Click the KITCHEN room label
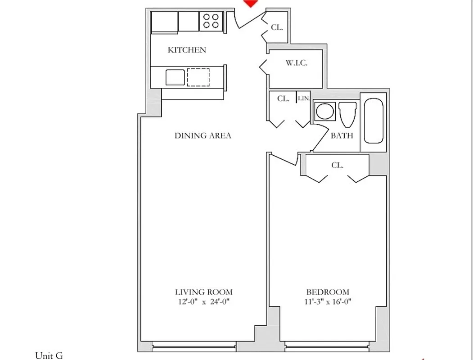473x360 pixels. tap(187, 50)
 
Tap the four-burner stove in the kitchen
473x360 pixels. tap(211, 21)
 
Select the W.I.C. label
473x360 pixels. tap(297, 63)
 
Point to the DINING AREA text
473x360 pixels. tap(203, 135)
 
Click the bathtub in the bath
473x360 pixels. tap(373, 121)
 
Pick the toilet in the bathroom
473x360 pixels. tap(347, 115)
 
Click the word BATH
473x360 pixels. tap(342, 135)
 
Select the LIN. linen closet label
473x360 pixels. tap(304, 98)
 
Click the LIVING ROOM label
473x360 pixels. tap(204, 292)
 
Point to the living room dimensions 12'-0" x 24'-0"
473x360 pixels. tap(204, 302)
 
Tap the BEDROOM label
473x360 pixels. tap(328, 292)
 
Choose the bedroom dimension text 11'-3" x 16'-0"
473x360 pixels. tap(328, 302)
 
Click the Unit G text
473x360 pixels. tap(49, 356)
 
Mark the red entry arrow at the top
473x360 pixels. tap(251, 3)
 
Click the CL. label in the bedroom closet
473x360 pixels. tap(338, 165)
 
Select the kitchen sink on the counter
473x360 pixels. tap(175, 77)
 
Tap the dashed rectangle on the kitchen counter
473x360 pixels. tap(198, 77)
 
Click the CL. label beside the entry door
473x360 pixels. tap(277, 27)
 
